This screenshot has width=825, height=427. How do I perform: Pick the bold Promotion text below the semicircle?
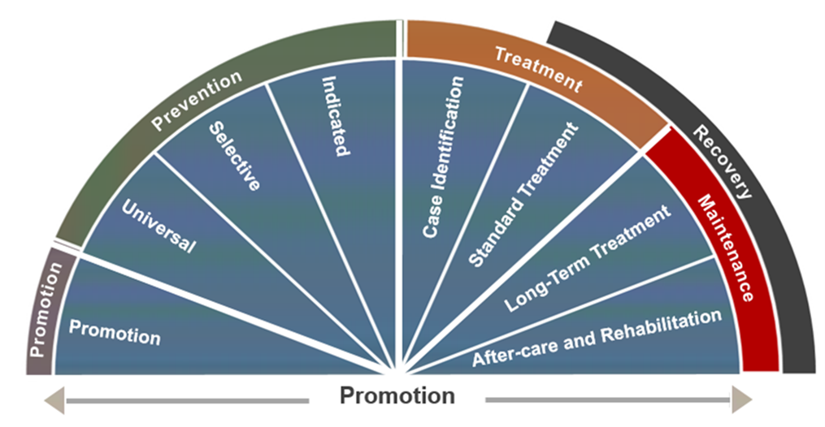tap(397, 396)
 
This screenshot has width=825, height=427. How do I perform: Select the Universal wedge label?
tap(158, 226)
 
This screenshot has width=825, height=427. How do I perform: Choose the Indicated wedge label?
tap(335, 115)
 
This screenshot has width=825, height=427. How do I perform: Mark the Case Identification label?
tap(443, 157)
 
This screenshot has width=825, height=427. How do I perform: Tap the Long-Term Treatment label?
tap(588, 258)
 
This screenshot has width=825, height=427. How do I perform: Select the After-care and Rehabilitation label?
tap(597, 338)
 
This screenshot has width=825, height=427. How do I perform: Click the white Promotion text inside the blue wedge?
tap(115, 332)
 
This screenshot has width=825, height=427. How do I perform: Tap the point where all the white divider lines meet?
tap(397, 373)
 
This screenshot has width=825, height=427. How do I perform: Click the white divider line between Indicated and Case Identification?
tap(397, 203)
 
